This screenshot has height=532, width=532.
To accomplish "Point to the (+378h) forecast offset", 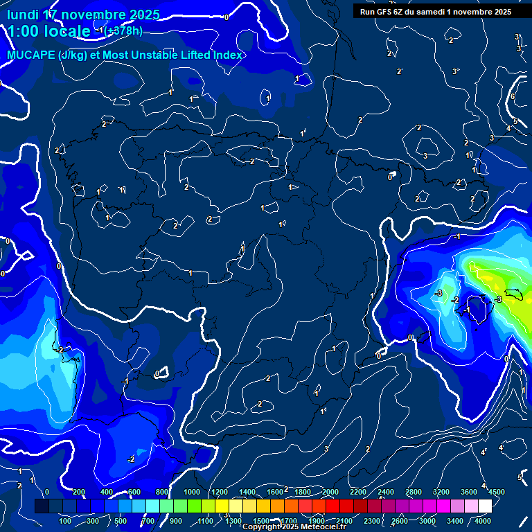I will point(124,31).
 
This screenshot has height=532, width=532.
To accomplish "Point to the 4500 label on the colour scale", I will point(497,492).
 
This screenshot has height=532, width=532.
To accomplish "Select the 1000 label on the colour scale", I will point(192,492).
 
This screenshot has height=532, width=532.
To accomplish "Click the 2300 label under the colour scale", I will point(372,521).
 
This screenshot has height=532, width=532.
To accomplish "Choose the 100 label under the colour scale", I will point(66,521).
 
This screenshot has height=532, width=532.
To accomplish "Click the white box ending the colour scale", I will point(485,506).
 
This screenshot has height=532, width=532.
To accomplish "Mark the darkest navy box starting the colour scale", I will point(42,506).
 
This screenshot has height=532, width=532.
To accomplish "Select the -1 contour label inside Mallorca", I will point(467,310).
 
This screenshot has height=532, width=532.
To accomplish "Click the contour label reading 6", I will point(513,96).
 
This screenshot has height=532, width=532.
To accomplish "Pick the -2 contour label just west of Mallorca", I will point(455,300).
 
